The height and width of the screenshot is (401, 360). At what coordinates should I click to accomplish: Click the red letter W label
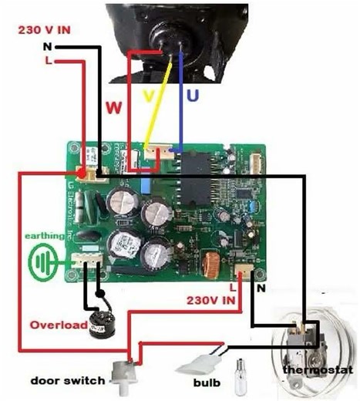tap(113, 107)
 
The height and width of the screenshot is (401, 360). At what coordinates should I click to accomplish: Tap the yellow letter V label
tap(150, 96)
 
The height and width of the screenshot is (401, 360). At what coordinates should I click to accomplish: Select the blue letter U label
tap(189, 96)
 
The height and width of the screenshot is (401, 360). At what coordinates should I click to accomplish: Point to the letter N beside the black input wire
tap(46, 45)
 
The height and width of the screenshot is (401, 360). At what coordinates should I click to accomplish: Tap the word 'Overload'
tap(52, 325)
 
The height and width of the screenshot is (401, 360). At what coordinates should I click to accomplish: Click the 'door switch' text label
tap(62, 381)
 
